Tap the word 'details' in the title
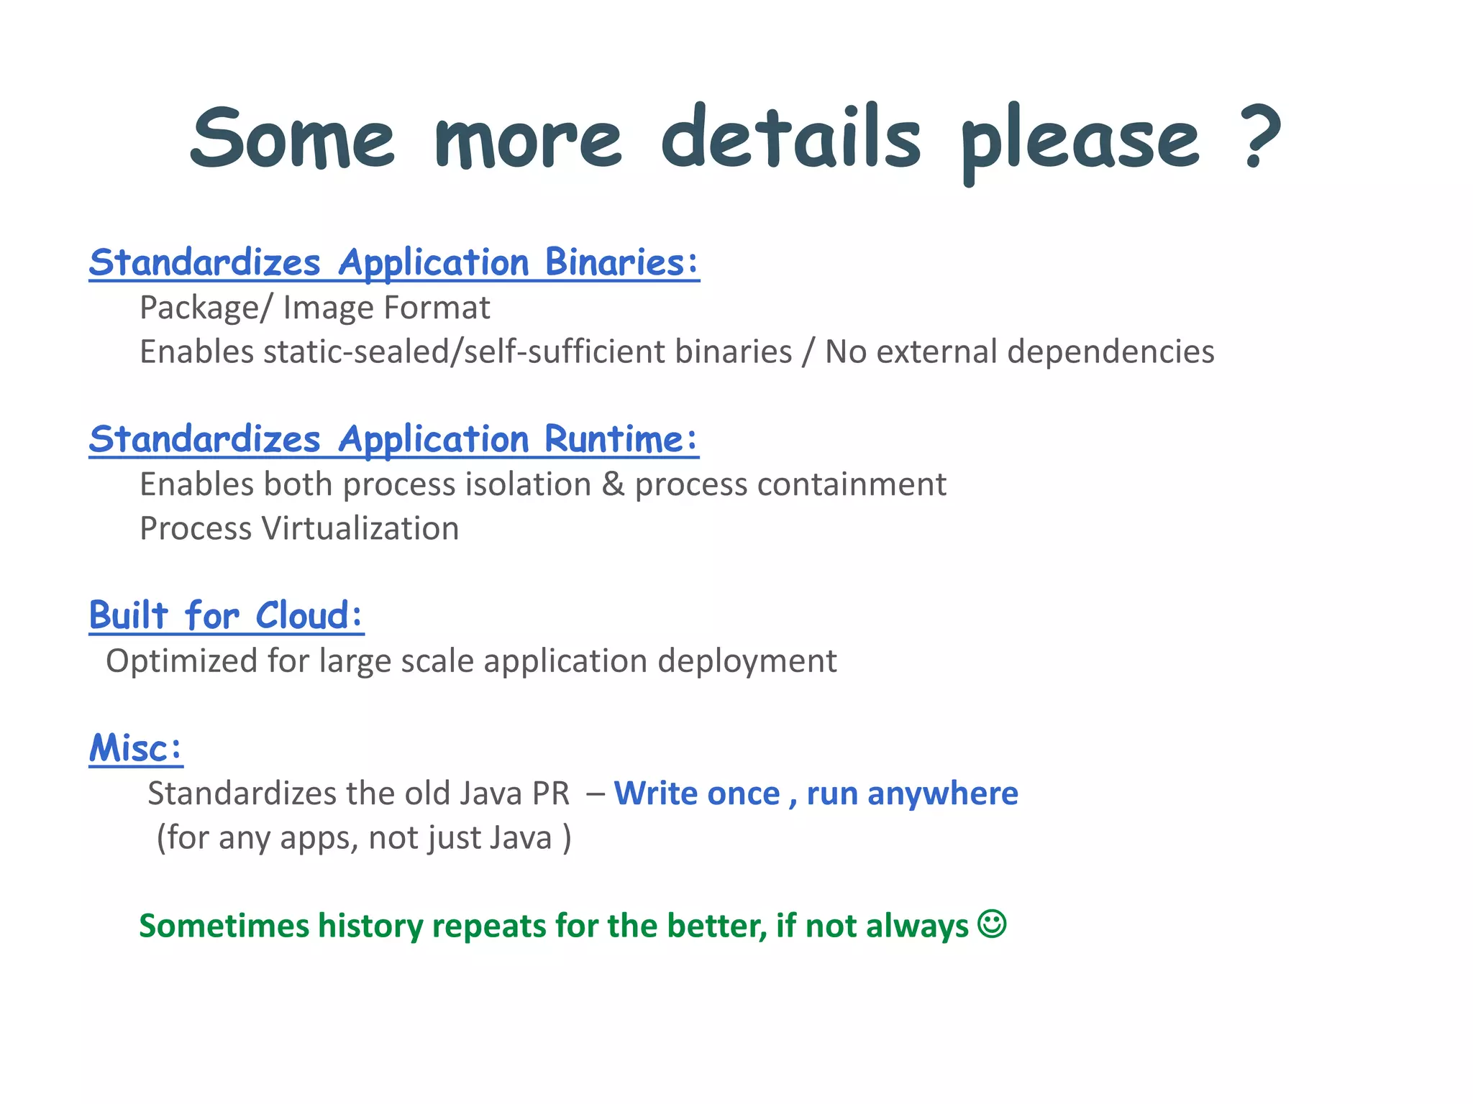(790, 137)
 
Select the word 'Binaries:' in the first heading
(621, 262)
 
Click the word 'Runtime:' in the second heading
(621, 438)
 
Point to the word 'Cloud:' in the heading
(309, 616)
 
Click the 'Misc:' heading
(136, 747)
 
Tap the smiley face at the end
(992, 924)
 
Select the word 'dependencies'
(1111, 352)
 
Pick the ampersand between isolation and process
(613, 484)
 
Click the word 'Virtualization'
(360, 528)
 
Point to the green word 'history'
(370, 926)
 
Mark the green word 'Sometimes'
(223, 926)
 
